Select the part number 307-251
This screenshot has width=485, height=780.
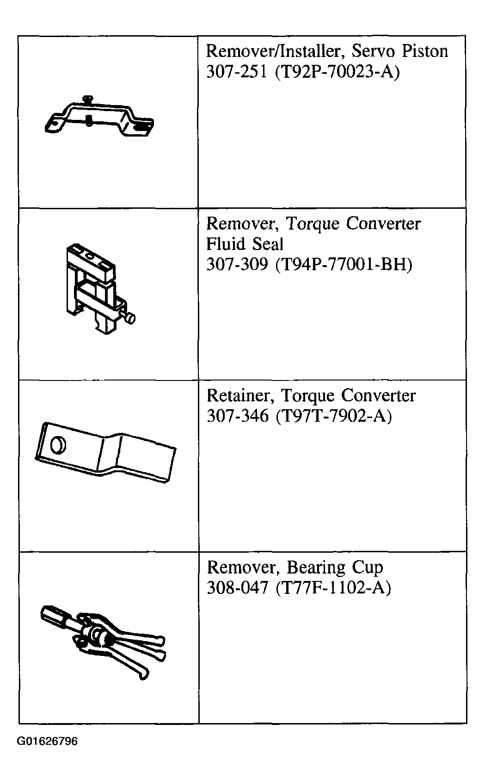coord(236,72)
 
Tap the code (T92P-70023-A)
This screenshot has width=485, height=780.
coord(337,72)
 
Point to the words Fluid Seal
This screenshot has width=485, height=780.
coord(245,244)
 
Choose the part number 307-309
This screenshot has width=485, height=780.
coord(237,265)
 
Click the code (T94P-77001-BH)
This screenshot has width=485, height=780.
coord(344,265)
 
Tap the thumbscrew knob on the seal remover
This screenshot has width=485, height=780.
coord(130,318)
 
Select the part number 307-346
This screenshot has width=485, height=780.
coord(238,416)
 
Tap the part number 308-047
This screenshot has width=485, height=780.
coord(238,588)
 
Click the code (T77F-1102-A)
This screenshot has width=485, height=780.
coord(333,588)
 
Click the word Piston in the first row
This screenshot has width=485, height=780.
coord(425,51)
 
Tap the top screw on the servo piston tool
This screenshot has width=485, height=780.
coord(88,99)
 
